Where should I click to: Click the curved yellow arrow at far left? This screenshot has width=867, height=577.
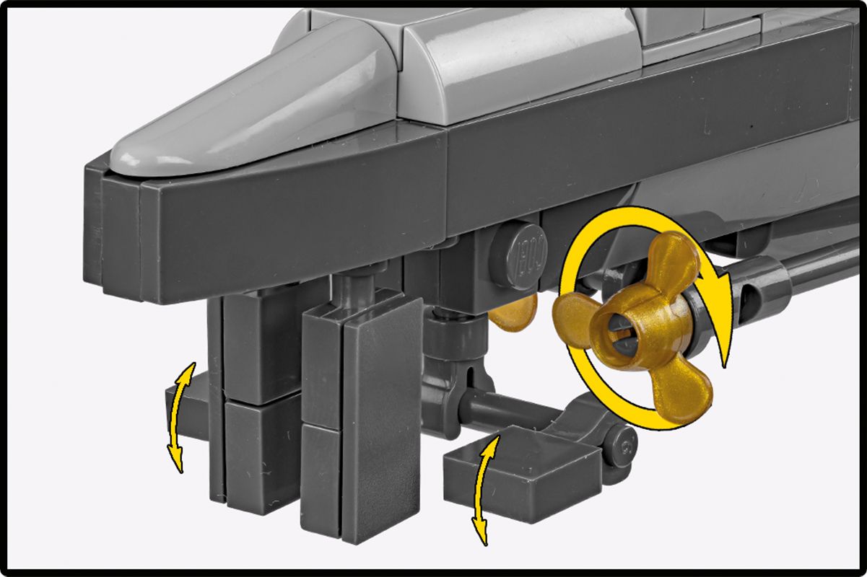click(x=179, y=418)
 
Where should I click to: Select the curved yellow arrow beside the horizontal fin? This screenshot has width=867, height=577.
click(x=484, y=490)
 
